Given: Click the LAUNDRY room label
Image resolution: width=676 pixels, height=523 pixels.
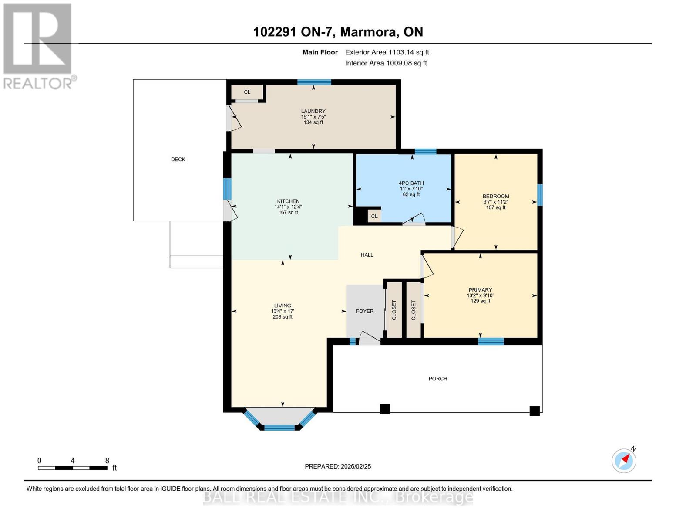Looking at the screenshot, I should [x=313, y=111].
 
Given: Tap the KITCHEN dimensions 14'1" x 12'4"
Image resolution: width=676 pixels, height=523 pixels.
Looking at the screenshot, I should [x=288, y=207].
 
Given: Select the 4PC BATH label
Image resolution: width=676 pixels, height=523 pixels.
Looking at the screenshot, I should [x=411, y=183].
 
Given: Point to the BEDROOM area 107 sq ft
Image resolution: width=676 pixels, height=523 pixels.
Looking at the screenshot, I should [x=496, y=208].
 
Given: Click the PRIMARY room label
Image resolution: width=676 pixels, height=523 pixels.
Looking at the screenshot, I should [x=480, y=290].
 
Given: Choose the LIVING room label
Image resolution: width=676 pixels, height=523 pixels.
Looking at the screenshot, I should [x=283, y=306].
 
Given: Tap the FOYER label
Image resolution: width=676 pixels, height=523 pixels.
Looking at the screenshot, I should [x=365, y=311].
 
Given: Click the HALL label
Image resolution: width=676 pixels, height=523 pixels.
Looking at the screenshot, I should [x=367, y=255].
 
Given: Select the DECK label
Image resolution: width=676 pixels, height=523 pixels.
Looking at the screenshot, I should [x=178, y=160].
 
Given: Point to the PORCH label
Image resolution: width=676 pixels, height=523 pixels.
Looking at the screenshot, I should [x=438, y=379].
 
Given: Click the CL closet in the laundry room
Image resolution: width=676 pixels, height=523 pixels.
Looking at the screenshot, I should [x=247, y=92].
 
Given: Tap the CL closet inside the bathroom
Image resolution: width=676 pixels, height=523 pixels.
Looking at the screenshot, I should [x=374, y=216].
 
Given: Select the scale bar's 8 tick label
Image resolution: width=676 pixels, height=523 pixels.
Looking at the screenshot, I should [x=107, y=461].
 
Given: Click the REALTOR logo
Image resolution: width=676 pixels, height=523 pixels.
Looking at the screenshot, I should [x=38, y=46].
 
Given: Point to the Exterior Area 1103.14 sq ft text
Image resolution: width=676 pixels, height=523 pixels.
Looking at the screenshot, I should [x=387, y=52].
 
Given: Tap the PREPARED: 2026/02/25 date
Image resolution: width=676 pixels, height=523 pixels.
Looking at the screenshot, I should [x=338, y=466].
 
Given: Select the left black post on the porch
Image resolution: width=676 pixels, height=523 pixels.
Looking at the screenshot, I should [x=385, y=409].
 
